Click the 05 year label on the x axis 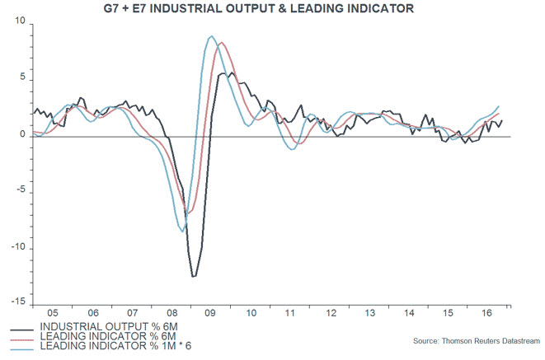51,314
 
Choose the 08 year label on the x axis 172,314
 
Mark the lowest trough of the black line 194,277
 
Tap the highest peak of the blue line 211,36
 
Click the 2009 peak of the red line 222,43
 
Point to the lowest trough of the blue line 182,231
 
